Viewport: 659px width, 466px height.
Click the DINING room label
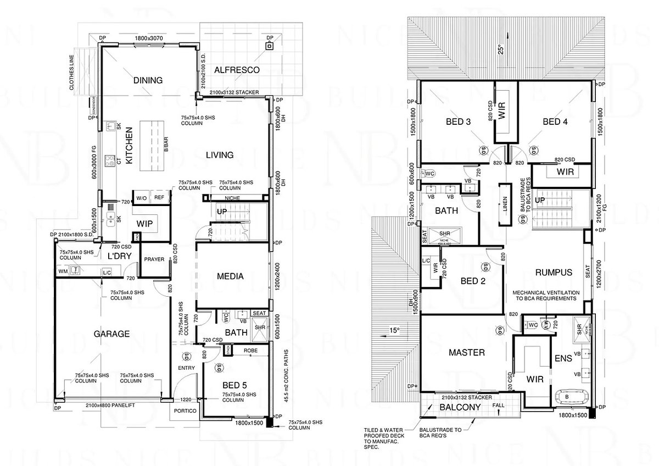[148, 80]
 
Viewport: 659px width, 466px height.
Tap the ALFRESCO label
[236, 70]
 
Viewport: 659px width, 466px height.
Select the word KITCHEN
[130, 146]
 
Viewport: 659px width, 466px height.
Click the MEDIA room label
[230, 276]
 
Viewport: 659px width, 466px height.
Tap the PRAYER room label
[154, 259]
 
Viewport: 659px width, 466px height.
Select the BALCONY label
[460, 407]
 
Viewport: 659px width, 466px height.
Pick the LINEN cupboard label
[504, 203]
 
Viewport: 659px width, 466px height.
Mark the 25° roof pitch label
[500, 48]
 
